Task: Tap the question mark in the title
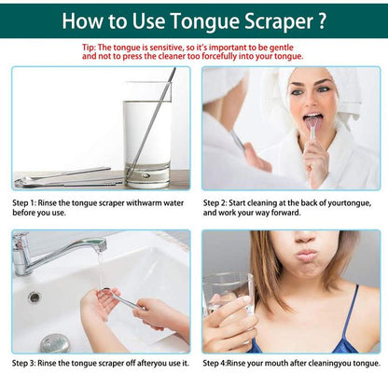[322, 20]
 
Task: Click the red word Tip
[89, 46]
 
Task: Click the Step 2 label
[219, 201]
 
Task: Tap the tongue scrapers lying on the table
[65, 177]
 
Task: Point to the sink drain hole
[35, 297]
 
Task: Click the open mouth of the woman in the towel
[314, 120]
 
